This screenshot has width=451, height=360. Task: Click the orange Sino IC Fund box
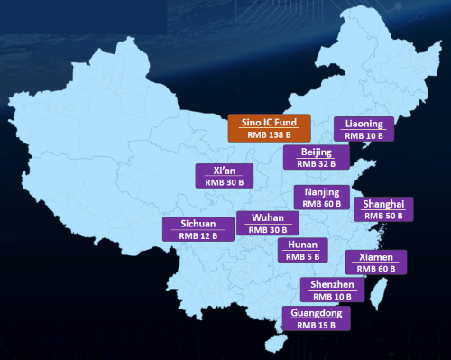click(x=269, y=127)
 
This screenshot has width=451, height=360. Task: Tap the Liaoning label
click(x=364, y=124)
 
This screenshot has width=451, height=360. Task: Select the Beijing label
click(x=315, y=152)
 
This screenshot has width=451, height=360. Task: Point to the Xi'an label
click(x=224, y=170)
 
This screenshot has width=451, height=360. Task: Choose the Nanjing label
click(x=322, y=192)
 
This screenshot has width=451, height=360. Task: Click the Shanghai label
click(x=383, y=204)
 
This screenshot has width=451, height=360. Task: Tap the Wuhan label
click(x=268, y=218)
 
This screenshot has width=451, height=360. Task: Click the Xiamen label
click(x=376, y=256)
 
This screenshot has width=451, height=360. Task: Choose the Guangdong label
click(x=316, y=312)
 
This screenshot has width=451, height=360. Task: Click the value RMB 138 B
click(x=269, y=134)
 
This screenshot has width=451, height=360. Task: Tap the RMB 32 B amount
click(x=315, y=163)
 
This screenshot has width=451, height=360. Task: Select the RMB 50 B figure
click(x=382, y=217)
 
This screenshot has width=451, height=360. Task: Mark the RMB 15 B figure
click(x=316, y=324)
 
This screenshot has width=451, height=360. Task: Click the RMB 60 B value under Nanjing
click(x=322, y=204)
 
